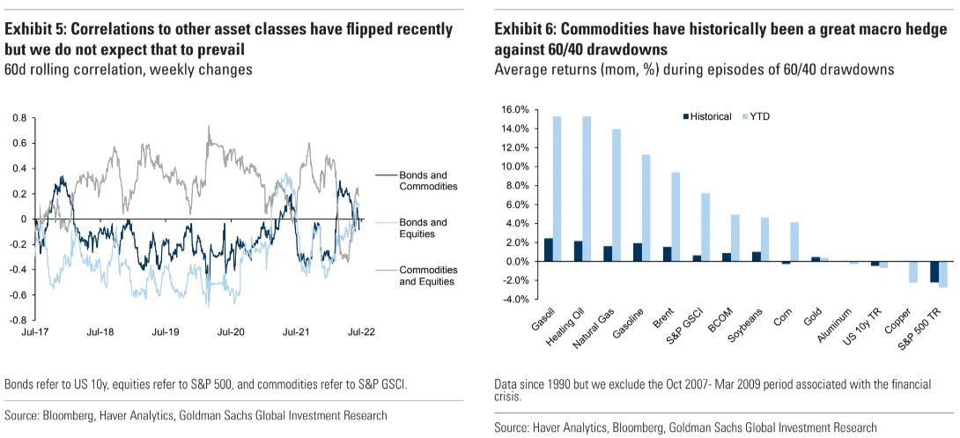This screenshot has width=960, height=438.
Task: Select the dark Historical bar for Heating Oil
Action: click(x=578, y=251)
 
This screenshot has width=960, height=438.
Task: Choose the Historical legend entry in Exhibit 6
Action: click(x=706, y=116)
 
